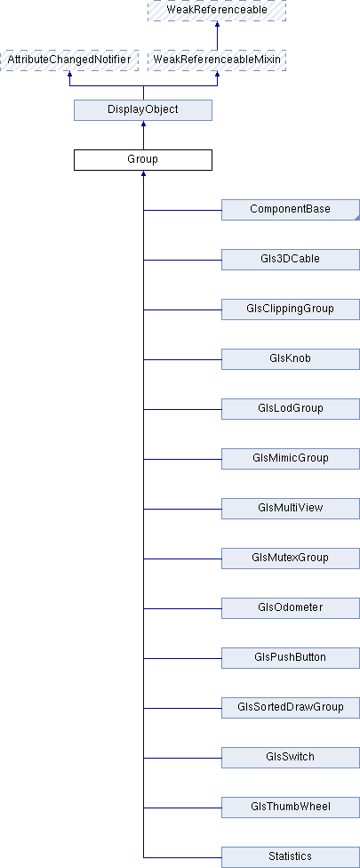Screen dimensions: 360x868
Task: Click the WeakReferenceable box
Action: coord(217,11)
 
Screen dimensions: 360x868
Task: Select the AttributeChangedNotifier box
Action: coord(69,60)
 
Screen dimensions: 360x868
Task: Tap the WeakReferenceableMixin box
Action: coord(217,60)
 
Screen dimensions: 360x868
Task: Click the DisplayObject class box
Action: coord(143,110)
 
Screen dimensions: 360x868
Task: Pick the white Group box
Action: coord(143,160)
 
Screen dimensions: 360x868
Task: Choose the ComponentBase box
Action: coord(291,210)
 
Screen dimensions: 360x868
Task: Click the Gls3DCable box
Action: coord(291,260)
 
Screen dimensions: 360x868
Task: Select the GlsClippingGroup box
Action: coord(291,309)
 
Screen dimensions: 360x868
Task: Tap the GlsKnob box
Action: coord(291,359)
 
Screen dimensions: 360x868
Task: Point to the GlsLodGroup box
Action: coord(291,409)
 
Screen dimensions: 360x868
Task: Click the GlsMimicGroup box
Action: coord(291,459)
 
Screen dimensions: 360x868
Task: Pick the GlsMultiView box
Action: coord(291,509)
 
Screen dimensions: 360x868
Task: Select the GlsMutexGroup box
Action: coord(291,559)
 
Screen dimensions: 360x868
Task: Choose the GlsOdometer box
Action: coord(291,608)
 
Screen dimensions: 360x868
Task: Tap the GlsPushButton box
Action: coord(291,658)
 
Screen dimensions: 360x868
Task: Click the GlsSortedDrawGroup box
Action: coord(291,708)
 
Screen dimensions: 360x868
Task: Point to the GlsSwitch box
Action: coord(291,758)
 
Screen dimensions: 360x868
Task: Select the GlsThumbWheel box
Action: coord(291,808)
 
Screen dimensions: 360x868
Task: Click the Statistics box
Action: coord(291,857)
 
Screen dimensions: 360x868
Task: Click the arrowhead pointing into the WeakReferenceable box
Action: coord(217,24)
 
